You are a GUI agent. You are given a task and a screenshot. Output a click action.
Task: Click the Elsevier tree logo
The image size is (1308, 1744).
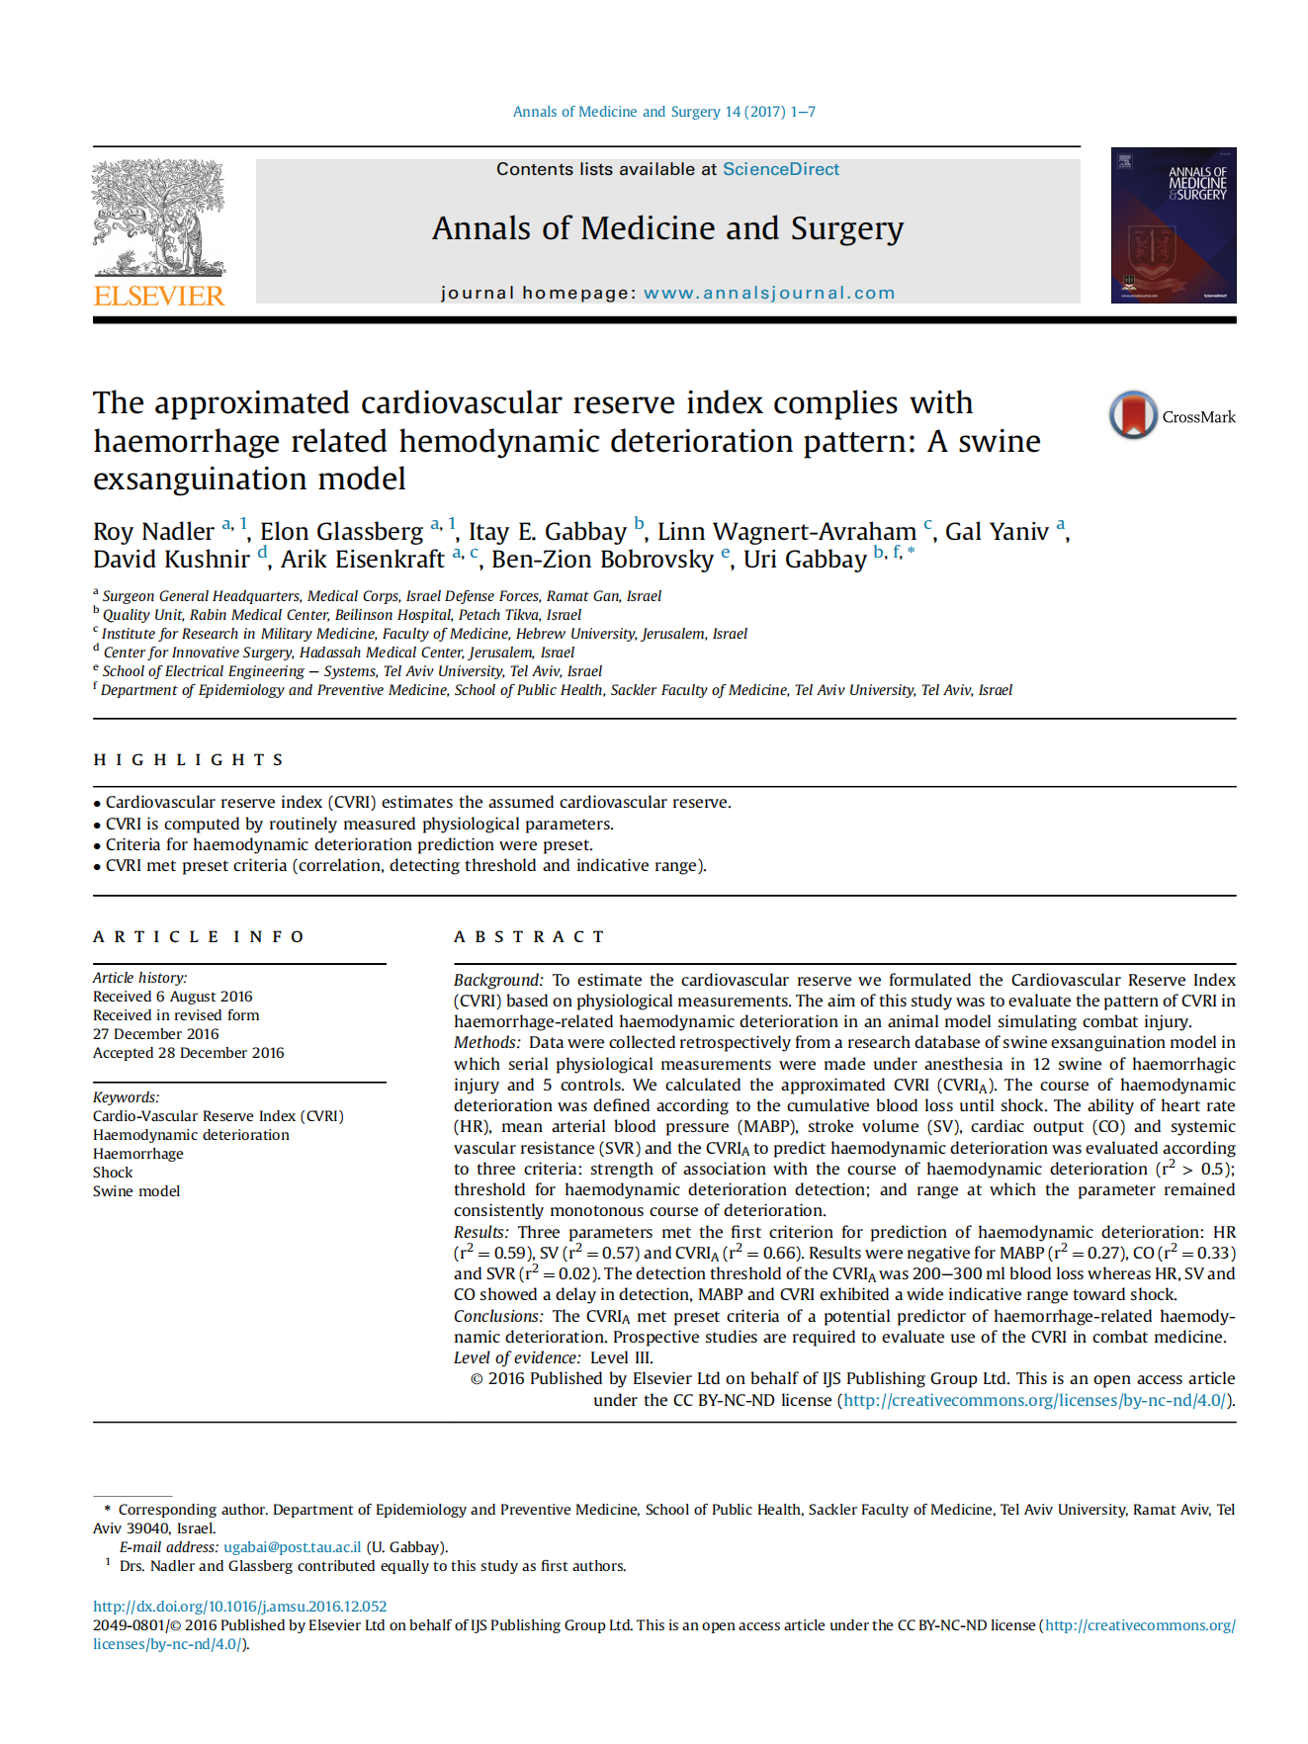coord(158,218)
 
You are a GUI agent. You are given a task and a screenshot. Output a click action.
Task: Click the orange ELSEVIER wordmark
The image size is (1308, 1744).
coord(159,296)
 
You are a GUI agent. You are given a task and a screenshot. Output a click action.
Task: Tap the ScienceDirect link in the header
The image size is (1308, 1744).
coord(780,169)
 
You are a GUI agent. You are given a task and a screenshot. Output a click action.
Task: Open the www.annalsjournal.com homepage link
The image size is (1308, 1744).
coord(768,293)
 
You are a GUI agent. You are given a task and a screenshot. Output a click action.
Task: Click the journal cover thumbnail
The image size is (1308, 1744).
coord(1173,225)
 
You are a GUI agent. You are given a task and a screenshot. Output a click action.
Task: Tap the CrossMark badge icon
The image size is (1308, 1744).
coord(1133,415)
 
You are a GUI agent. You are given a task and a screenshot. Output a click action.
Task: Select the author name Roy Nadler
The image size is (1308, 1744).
coord(153,532)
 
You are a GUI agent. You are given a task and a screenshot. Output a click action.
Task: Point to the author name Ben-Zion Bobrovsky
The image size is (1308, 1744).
coord(602,560)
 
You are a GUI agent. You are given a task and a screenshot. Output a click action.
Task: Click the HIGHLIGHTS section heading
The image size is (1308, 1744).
coord(188,759)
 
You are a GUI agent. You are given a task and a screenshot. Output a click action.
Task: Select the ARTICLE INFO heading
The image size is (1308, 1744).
coord(199,936)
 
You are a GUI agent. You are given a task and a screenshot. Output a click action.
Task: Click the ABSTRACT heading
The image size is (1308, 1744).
coord(529,936)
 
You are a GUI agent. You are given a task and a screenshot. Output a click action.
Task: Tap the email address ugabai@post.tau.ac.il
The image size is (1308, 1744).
coord(292,1547)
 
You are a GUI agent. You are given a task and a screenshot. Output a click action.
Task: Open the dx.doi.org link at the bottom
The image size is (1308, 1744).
coord(239,1607)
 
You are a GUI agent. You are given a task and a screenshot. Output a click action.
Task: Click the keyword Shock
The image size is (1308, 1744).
coord(113,1173)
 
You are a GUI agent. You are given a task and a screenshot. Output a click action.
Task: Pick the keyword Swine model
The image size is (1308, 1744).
coord(136,1191)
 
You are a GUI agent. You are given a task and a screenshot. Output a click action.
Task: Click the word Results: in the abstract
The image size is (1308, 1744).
coord(480,1232)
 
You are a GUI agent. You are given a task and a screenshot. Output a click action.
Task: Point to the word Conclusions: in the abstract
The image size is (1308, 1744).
coord(498,1316)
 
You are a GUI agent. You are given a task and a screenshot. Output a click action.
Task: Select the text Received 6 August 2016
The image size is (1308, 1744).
coord(172,997)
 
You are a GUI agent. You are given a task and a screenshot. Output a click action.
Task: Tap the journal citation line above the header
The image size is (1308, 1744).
coord(663,112)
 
